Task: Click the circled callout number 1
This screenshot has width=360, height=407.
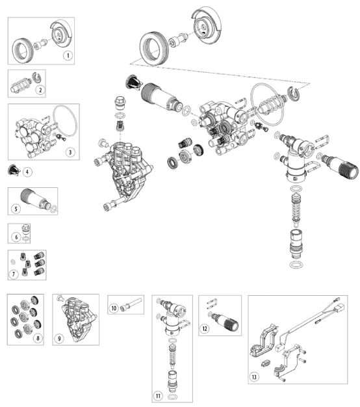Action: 68,55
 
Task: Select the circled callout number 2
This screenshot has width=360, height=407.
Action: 40,90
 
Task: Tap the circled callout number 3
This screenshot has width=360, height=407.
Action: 70,152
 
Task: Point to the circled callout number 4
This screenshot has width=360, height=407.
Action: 27,172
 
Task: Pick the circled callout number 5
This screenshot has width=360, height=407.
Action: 16,209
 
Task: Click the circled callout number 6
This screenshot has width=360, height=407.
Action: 16,237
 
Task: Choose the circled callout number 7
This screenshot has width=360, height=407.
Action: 14,274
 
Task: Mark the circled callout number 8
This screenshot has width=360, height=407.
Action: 38,338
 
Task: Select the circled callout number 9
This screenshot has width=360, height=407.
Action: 59,339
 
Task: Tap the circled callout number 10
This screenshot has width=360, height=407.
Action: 114,308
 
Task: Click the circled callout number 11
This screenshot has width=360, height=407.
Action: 158,396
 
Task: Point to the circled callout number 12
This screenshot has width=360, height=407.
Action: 205,328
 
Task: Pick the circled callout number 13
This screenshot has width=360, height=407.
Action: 254,377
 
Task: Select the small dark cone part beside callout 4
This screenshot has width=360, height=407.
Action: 14,170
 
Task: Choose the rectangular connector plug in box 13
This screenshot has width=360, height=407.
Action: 339,308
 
